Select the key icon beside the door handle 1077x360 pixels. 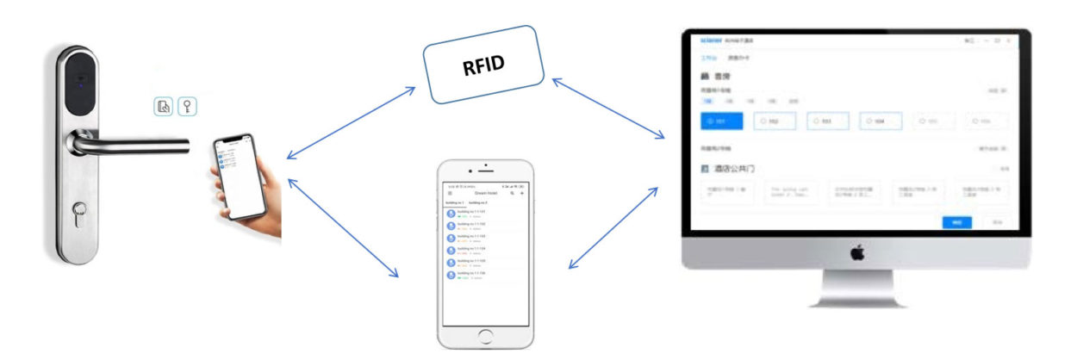[x=186, y=106]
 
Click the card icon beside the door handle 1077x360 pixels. [x=164, y=106]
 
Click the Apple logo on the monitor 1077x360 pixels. [x=856, y=252]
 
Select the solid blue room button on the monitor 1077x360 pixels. [x=722, y=121]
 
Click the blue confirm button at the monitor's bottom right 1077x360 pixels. [x=956, y=222]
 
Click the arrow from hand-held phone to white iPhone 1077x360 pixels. [x=343, y=226]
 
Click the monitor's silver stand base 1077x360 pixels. [x=856, y=297]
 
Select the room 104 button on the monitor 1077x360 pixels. [x=880, y=121]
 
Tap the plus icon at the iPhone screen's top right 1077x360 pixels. [x=522, y=194]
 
